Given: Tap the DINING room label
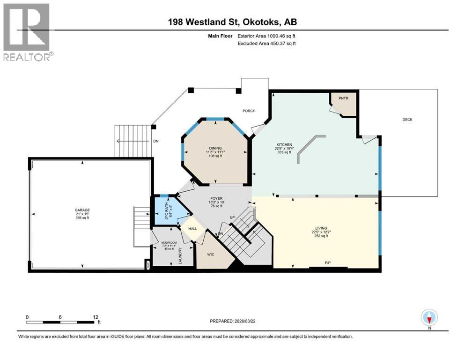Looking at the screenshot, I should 215,148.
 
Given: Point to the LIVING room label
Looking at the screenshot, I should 321,228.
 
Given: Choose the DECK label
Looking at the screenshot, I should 407,120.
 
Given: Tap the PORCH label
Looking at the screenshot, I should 249,111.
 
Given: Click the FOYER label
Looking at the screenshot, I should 215,198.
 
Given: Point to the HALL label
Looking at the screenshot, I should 192,228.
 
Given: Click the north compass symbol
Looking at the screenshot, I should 429,318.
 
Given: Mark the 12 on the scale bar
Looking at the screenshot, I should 95,316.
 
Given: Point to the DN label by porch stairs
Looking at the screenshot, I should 156,141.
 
